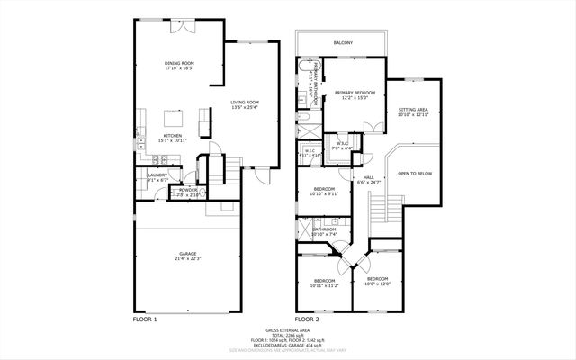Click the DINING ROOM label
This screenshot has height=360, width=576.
pyautogui.click(x=179, y=63)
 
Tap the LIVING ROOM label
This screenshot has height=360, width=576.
pyautogui.click(x=244, y=103)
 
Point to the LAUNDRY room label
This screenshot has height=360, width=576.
pyautogui.click(x=157, y=175)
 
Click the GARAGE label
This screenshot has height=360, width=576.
pyautogui.click(x=188, y=254)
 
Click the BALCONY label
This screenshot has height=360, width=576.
pyautogui.click(x=343, y=43)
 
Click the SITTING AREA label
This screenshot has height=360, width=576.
pyautogui.click(x=413, y=110)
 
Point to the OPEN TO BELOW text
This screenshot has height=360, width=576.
pyautogui.click(x=415, y=173)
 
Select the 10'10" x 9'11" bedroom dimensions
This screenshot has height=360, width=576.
pyautogui.click(x=322, y=193)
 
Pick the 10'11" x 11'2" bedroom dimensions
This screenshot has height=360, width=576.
pyautogui.click(x=324, y=285)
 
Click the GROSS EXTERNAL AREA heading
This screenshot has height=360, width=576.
pyautogui.click(x=287, y=330)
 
